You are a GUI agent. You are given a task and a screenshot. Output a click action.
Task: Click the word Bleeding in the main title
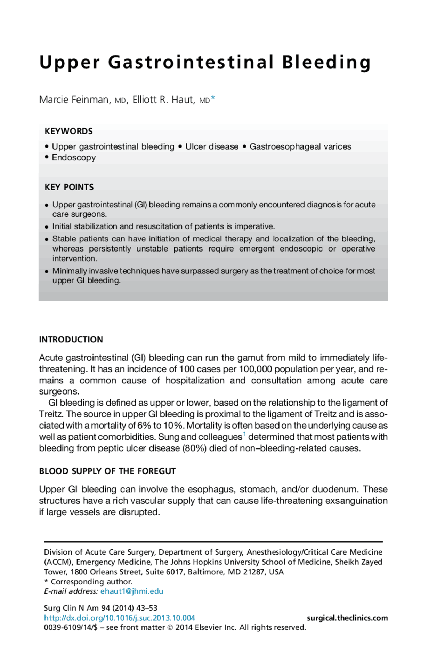pyautogui.click(x=326, y=63)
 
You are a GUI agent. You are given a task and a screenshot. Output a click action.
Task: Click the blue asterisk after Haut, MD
pyautogui.click(x=213, y=98)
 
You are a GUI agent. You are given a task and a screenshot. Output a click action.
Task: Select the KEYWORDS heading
pyautogui.click(x=68, y=131)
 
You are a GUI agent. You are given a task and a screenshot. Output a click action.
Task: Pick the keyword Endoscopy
pyautogui.click(x=74, y=158)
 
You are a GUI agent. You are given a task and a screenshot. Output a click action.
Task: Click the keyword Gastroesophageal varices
pyautogui.click(x=300, y=146)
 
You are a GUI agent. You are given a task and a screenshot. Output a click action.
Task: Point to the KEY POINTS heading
pyautogui.click(x=69, y=187)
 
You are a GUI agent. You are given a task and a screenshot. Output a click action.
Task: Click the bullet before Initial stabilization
pyautogui.click(x=47, y=227)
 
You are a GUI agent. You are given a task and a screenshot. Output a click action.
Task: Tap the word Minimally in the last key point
pyautogui.click(x=70, y=271)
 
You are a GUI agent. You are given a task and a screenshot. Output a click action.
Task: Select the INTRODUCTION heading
pyautogui.click(x=71, y=340)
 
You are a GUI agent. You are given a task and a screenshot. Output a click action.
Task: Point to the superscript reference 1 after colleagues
pyautogui.click(x=244, y=434)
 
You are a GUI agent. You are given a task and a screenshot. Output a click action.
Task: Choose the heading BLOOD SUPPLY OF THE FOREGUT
pyautogui.click(x=107, y=471)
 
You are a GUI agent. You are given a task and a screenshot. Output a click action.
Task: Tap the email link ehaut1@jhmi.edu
pyautogui.click(x=132, y=591)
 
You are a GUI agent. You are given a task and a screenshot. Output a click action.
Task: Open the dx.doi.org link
pyautogui.click(x=119, y=618)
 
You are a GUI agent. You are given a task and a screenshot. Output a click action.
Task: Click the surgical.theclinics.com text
pyautogui.click(x=347, y=618)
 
